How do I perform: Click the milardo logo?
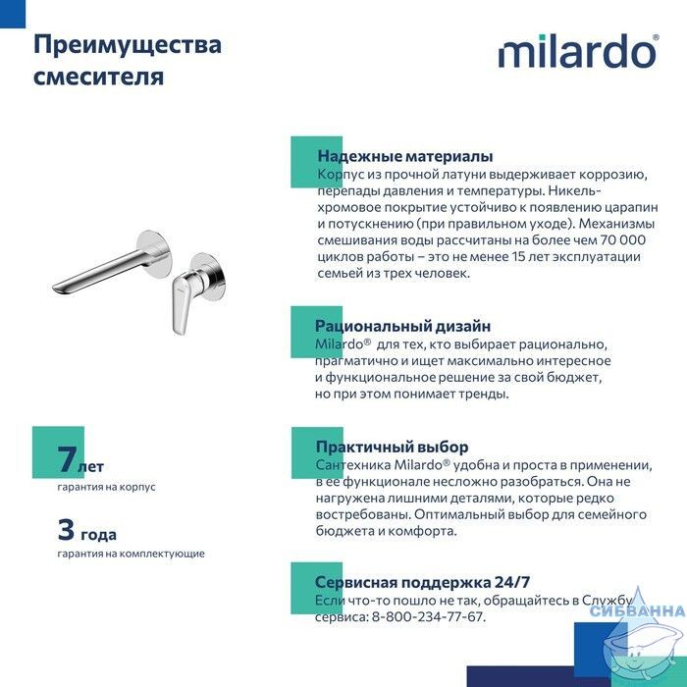(x=578, y=51)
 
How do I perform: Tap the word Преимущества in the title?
(x=128, y=46)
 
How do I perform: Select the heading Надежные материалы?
(x=405, y=156)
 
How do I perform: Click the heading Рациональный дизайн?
(x=402, y=326)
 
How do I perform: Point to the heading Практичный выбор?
(x=393, y=447)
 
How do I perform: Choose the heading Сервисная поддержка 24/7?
(x=422, y=582)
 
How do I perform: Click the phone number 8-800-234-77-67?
(x=427, y=617)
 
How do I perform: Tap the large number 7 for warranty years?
(x=67, y=458)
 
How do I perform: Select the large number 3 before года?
(x=66, y=529)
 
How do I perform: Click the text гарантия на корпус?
(x=106, y=487)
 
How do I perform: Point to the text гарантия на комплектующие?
(x=131, y=554)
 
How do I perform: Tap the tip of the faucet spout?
(x=55, y=289)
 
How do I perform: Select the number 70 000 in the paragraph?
(x=623, y=240)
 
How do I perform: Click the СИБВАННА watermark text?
(x=638, y=610)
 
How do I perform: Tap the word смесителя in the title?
(x=98, y=77)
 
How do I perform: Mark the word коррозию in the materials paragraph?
(x=613, y=175)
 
